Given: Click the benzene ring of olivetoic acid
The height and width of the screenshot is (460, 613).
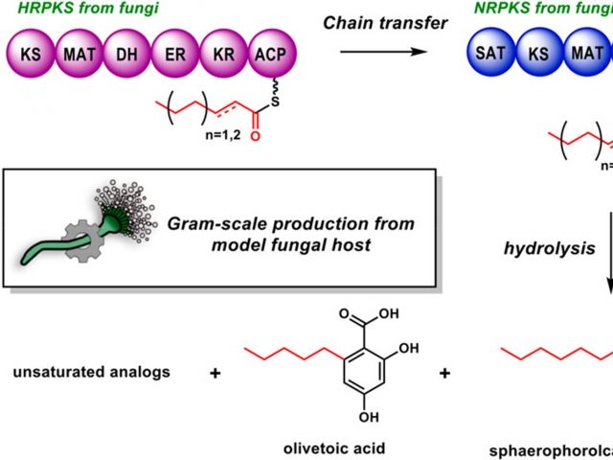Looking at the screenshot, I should tap(370, 373).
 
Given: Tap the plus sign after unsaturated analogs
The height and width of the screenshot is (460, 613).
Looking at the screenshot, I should tap(215, 371).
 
